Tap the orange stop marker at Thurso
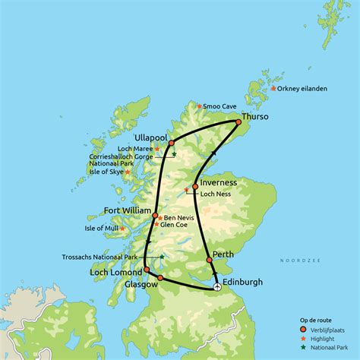tap(238, 122)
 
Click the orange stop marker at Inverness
tap(195, 186)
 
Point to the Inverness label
tap(219, 183)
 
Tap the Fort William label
tap(128, 210)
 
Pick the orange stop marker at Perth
tap(210, 261)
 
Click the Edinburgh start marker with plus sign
tap(217, 286)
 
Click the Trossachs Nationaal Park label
tap(109, 257)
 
